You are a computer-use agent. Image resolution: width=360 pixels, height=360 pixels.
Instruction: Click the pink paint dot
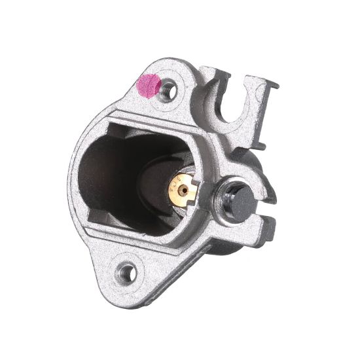tap(149, 85)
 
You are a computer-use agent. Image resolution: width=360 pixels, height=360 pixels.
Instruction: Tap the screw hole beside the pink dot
tap(168, 90)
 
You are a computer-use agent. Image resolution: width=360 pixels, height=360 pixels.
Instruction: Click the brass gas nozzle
tap(183, 189)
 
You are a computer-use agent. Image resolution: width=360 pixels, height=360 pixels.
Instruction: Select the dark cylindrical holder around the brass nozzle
tap(164, 196)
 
